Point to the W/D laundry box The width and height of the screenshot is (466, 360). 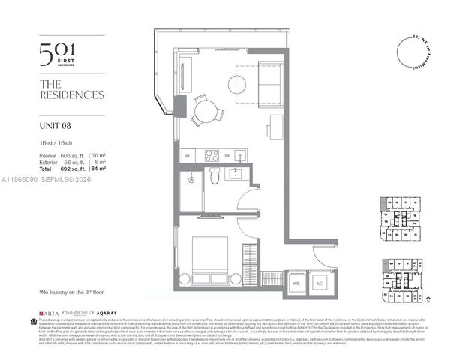pyautogui.click(x=296, y=284)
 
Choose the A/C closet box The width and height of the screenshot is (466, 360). pyautogui.click(x=318, y=284)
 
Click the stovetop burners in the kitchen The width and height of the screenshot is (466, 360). pyautogui.click(x=211, y=155)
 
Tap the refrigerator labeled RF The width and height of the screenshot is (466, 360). pyautogui.click(x=188, y=156)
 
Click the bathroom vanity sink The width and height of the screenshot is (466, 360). pyautogui.click(x=235, y=174)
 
